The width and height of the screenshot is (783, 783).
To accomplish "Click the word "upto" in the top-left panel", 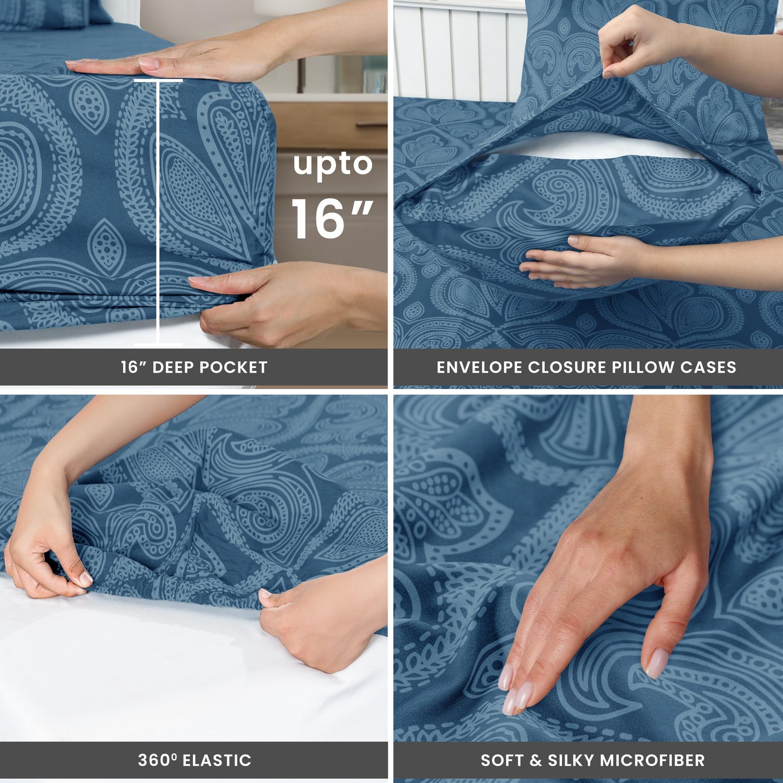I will (x=333, y=164).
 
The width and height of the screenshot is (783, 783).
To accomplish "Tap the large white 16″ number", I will (x=332, y=218).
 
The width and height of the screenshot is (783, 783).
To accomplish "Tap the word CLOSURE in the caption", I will (x=560, y=367).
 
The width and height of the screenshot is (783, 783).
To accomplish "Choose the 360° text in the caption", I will (x=157, y=760).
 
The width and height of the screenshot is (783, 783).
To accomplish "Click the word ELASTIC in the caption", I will (x=217, y=760).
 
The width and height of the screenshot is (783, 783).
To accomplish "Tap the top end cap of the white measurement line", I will (x=158, y=81).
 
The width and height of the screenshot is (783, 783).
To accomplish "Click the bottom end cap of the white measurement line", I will (x=158, y=344).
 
